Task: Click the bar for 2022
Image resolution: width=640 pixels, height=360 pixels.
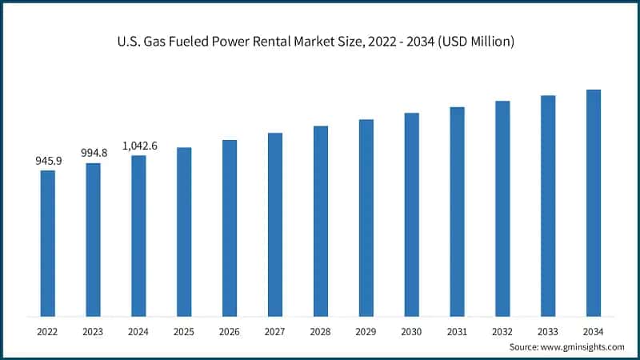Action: tap(48, 243)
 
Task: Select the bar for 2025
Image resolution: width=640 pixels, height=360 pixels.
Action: tap(184, 232)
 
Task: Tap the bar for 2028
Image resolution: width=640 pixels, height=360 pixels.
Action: tap(321, 221)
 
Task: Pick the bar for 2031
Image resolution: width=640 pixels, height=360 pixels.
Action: tap(457, 211)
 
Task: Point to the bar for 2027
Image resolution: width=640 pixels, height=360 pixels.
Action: tap(275, 224)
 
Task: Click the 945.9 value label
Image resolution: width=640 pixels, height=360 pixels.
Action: tap(48, 161)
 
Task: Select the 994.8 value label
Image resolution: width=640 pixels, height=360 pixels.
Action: tap(94, 153)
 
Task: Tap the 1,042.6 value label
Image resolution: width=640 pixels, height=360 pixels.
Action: tap(139, 146)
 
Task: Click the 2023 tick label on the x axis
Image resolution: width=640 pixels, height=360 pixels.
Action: tap(94, 331)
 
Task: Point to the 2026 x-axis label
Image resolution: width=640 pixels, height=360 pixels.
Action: tap(230, 331)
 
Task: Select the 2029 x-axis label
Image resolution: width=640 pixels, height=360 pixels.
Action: tap(366, 331)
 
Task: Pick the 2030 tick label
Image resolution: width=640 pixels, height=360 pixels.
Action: tap(411, 331)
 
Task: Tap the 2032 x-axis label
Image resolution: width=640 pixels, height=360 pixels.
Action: tap(502, 331)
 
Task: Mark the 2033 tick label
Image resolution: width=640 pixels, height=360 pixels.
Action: tap(548, 331)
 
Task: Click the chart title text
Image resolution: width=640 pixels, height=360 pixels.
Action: tap(320, 41)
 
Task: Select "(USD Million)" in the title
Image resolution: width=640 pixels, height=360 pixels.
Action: tap(474, 41)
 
